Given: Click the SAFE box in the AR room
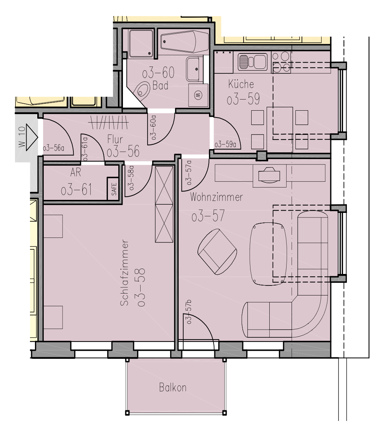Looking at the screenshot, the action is pos(114,189).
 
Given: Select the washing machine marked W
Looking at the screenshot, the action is pos(198,94).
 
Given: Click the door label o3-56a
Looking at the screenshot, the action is pos(53,148).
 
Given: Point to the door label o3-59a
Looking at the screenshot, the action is pos(225,144).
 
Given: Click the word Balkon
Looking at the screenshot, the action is pos(172,387).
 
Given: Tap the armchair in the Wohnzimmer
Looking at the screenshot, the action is pos(217,251).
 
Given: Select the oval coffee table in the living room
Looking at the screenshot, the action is pos(268,254).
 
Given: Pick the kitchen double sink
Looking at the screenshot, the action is pos(252,62).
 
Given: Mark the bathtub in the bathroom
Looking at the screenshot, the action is pos(184,42).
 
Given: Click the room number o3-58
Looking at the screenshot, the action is pos(141,287).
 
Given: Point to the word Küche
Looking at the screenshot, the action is pos(241,84).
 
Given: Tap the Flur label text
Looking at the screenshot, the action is pos(115,139).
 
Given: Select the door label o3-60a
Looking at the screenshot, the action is pos(153,128).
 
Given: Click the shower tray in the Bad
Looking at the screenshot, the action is pos(141,43).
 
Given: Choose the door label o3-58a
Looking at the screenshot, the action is pos(131,178).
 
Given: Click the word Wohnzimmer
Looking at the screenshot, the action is pos(216,197).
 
